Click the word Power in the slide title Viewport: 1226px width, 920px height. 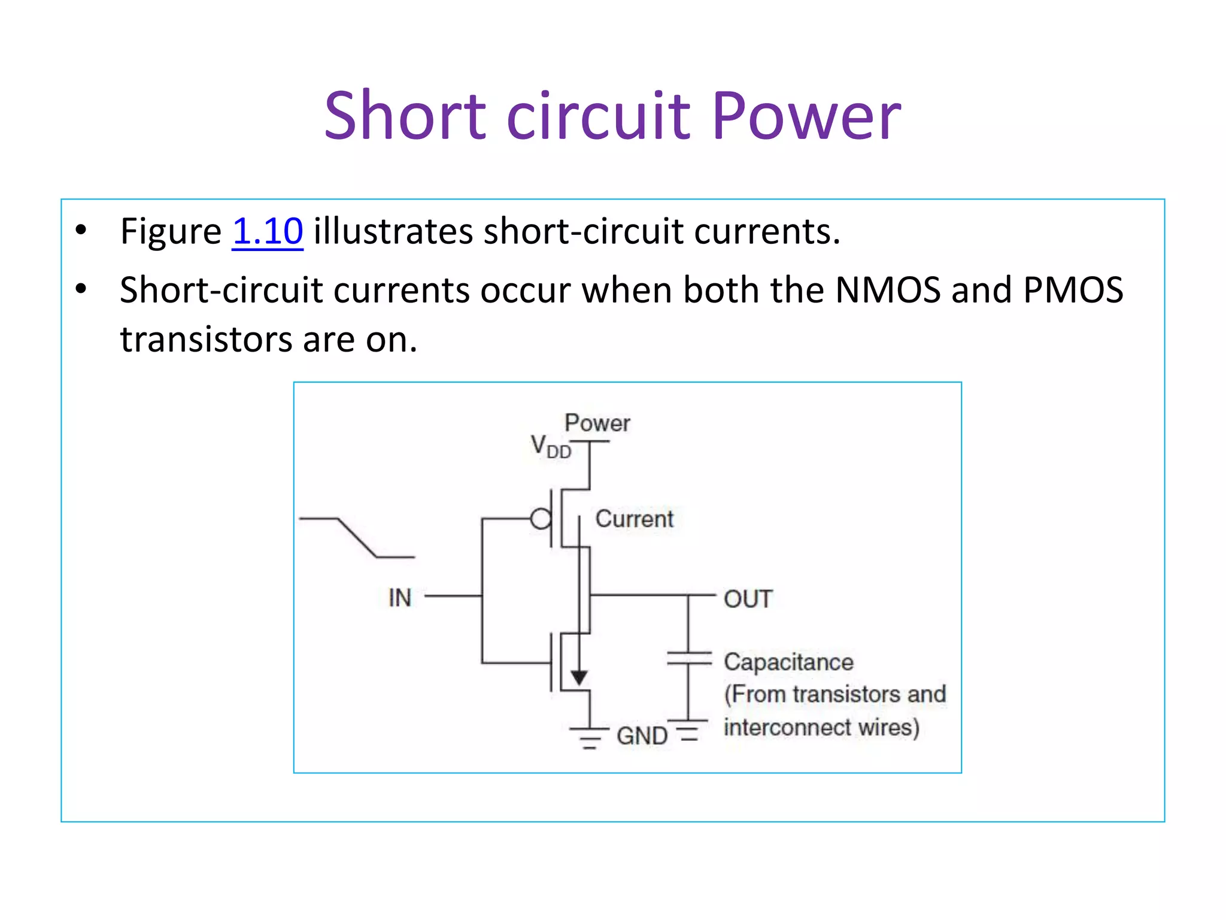click(x=806, y=116)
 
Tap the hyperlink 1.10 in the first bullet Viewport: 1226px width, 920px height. click(x=268, y=231)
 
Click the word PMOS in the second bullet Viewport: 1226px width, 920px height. click(x=1073, y=290)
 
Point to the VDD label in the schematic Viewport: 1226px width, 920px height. click(x=550, y=447)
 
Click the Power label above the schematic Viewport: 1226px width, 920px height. click(x=597, y=423)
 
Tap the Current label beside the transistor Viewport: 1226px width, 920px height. click(x=634, y=519)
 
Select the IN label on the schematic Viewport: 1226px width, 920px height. click(x=400, y=598)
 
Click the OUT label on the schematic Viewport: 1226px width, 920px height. click(x=748, y=599)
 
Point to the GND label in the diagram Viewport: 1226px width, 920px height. click(x=642, y=736)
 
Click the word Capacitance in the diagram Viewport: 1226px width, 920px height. click(x=788, y=662)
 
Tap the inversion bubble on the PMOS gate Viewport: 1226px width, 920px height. click(x=541, y=519)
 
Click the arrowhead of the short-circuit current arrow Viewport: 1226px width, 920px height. click(x=579, y=677)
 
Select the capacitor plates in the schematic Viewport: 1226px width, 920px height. click(x=689, y=658)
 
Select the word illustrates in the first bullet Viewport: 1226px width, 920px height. click(x=393, y=231)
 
